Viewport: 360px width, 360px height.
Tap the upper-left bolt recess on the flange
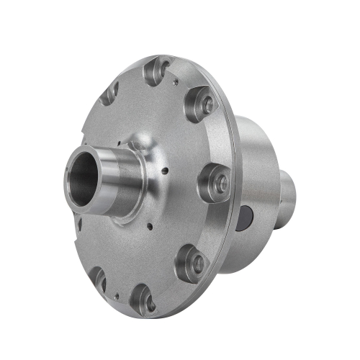pos(111,92)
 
